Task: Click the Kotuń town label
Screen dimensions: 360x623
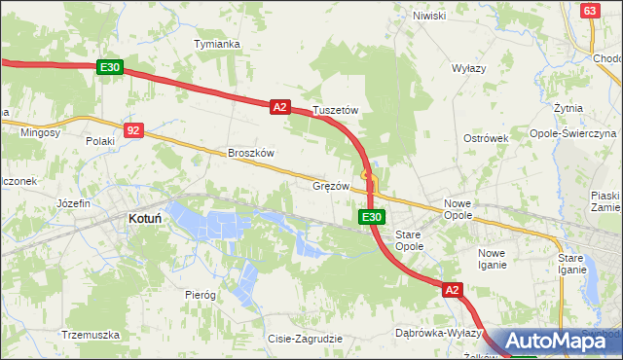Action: pos(145,220)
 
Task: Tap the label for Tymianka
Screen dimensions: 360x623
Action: pos(216,45)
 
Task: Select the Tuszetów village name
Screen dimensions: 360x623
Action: pos(336,111)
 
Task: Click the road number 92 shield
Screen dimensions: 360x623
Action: pos(134,128)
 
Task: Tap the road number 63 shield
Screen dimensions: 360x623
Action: pos(589,10)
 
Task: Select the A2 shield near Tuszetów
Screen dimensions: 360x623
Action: pos(279,107)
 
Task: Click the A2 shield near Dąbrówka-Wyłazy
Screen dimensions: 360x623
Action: pos(452,290)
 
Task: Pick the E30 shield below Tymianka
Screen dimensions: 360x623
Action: pos(109,67)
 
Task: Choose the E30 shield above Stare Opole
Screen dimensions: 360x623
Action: pos(370,217)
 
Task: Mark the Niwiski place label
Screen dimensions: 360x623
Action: pos(428,16)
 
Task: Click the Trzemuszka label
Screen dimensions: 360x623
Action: pos(90,335)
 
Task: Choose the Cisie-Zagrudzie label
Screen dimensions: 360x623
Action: pos(305,339)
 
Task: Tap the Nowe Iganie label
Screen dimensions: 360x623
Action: pos(492,258)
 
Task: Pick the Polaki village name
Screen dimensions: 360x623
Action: pos(99,141)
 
